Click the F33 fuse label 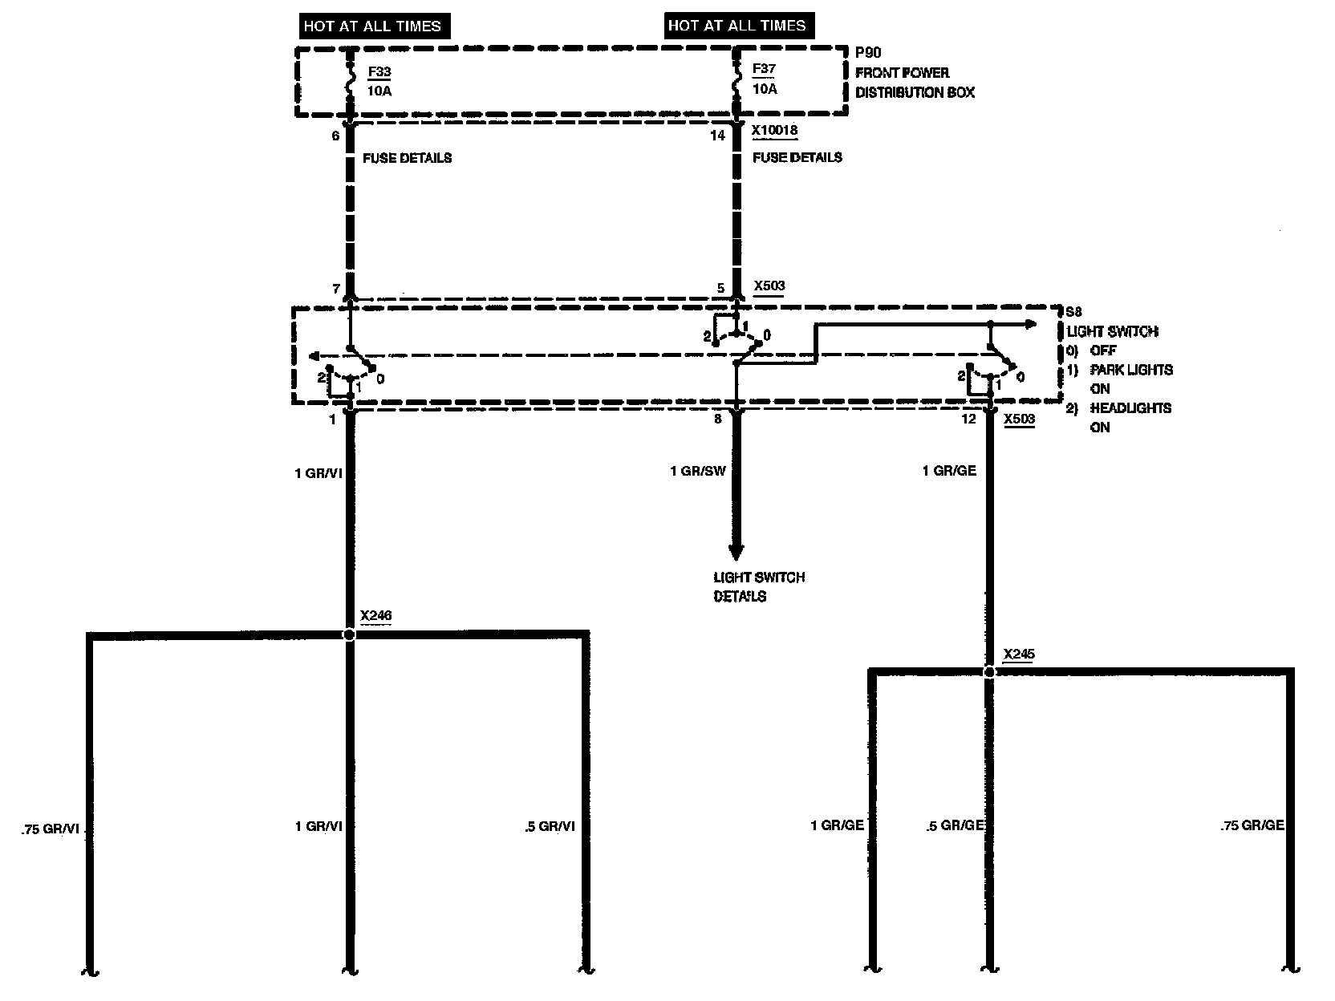[379, 72]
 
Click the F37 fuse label [765, 70]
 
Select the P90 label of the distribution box [868, 53]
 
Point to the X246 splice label [375, 616]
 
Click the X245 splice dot [989, 672]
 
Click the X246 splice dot [349, 634]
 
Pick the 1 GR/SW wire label [698, 471]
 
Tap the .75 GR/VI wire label [50, 829]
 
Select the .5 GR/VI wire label [549, 827]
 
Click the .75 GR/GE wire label [1252, 825]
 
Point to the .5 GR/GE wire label [956, 826]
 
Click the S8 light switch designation [1072, 312]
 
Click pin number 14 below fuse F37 [717, 136]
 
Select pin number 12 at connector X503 [969, 419]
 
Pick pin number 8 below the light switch [718, 419]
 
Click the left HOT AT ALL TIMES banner [372, 26]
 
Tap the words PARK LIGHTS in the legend [1131, 370]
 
